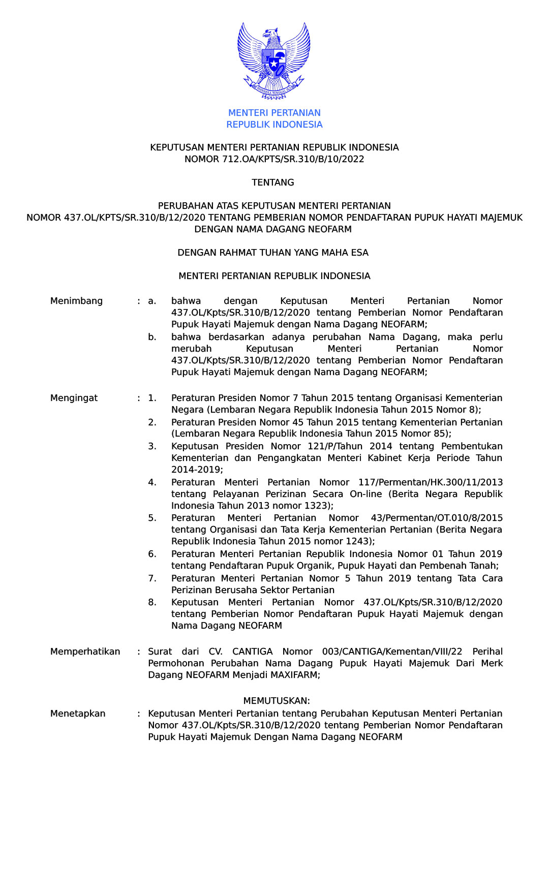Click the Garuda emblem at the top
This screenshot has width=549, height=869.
(x=274, y=60)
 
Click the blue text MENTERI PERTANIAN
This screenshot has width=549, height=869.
(x=274, y=113)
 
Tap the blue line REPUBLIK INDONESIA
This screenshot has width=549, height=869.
(x=274, y=125)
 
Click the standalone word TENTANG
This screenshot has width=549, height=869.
(x=273, y=182)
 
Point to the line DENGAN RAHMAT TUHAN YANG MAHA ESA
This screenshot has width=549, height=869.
(x=273, y=253)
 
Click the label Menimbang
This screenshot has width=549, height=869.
(x=76, y=301)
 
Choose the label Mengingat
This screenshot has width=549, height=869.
(x=74, y=398)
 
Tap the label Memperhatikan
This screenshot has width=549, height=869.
(x=85, y=651)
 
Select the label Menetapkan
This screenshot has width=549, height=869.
(x=78, y=713)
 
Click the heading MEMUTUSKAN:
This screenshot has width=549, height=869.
(x=277, y=701)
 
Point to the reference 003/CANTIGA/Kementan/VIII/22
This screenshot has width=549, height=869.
(x=392, y=651)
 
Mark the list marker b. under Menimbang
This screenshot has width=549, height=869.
(x=152, y=337)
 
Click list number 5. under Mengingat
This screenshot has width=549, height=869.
(x=152, y=518)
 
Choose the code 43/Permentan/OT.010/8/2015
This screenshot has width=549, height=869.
(x=437, y=518)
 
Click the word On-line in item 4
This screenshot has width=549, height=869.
(x=365, y=494)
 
